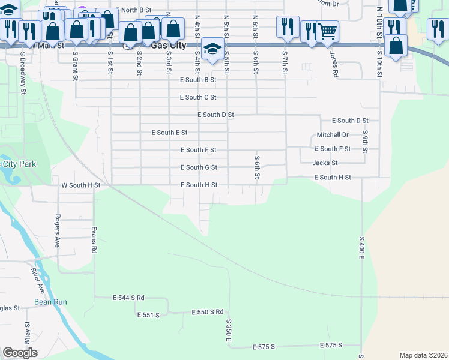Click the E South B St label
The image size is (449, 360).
(197, 80)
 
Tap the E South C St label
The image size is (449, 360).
(197, 97)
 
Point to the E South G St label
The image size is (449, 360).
(198, 167)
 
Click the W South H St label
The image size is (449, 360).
(80, 185)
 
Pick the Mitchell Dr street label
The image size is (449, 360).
(333, 135)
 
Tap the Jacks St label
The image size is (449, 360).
(325, 163)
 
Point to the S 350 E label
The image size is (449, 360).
(229, 331)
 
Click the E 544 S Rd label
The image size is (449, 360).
(128, 298)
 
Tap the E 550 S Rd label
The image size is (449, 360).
(207, 312)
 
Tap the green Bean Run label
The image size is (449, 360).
(50, 302)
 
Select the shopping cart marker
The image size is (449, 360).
(327, 32)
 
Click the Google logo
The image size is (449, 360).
(20, 352)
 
